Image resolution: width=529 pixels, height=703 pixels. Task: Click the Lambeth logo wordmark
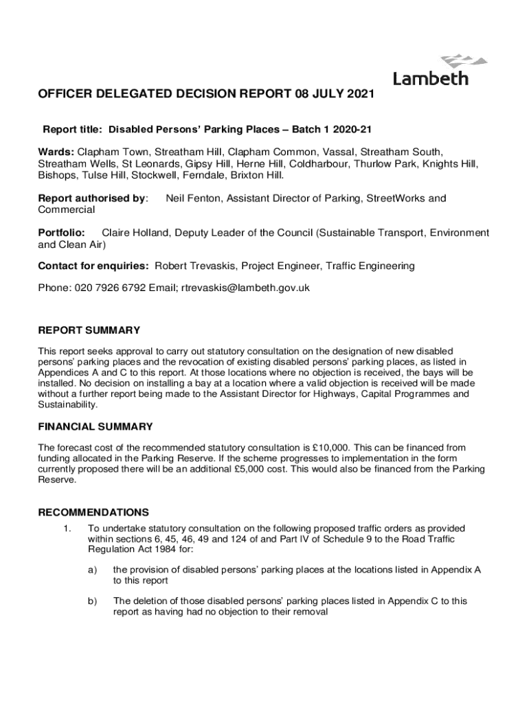tap(431, 78)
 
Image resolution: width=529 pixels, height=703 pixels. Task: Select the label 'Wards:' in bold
tap(56, 151)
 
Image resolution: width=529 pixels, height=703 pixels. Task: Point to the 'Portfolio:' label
tap(61, 233)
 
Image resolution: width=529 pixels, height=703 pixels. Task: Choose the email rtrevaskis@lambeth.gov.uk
tap(245, 288)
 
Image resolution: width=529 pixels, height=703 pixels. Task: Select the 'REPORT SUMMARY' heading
tap(89, 330)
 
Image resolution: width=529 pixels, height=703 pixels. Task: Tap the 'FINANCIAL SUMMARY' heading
tap(95, 426)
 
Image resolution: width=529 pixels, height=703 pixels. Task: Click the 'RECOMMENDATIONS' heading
tap(93, 512)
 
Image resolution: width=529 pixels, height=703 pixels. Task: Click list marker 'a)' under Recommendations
tap(92, 569)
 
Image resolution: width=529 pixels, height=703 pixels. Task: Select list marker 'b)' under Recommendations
tap(92, 601)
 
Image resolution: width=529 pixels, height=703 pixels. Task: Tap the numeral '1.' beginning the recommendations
tap(67, 529)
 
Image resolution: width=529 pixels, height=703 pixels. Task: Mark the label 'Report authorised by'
tap(92, 198)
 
